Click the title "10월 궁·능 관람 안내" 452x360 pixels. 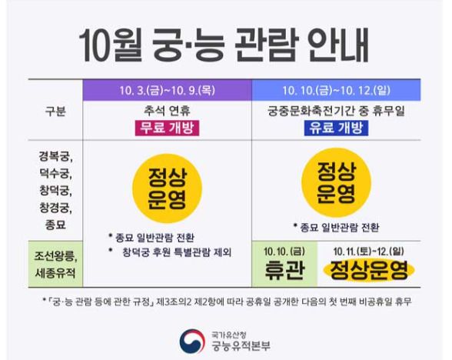tap(225, 45)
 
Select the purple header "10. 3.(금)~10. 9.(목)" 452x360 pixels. tap(167, 90)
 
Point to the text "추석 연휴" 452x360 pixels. tap(167, 111)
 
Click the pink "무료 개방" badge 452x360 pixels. tap(166, 128)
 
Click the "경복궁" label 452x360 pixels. tap(54, 155)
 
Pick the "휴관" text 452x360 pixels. tap(284, 269)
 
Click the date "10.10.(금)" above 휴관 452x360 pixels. tap(284, 250)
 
